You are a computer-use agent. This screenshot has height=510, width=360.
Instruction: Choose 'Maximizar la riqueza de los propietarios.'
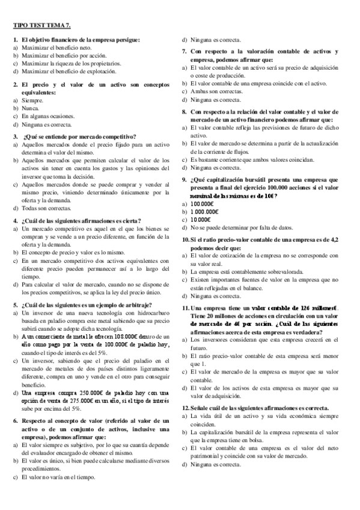[x=71, y=63]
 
